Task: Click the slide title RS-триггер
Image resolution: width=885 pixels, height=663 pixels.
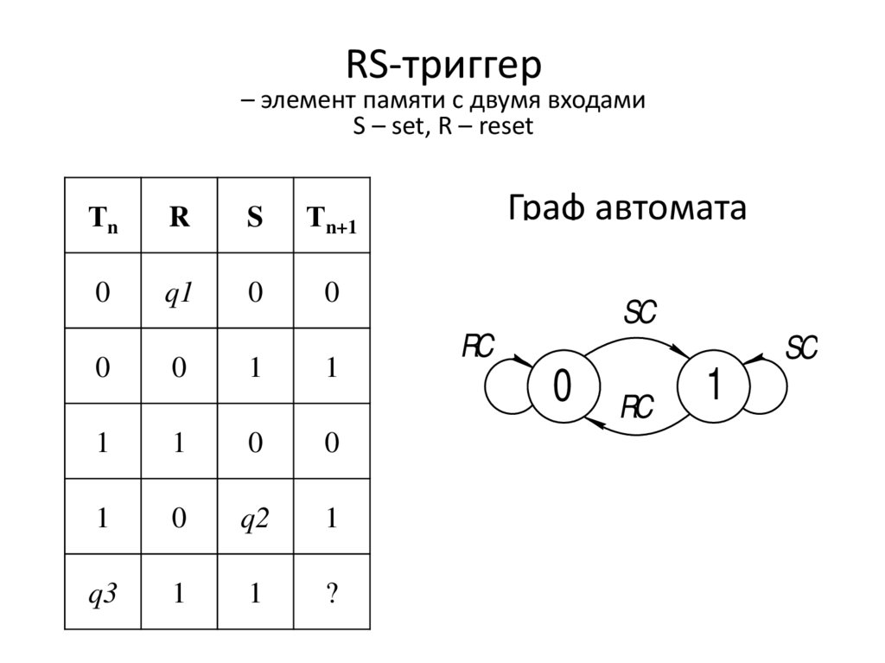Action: [442, 66]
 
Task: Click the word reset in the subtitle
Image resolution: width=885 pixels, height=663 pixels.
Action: [503, 128]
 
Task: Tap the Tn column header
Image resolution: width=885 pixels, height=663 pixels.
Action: [103, 218]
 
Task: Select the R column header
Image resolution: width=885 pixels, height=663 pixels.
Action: [179, 217]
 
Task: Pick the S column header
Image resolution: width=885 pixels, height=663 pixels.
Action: [254, 217]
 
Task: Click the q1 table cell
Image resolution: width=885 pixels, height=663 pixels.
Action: [179, 293]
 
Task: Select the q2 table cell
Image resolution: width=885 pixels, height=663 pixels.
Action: [254, 520]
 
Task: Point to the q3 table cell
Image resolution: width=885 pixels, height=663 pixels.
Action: [103, 595]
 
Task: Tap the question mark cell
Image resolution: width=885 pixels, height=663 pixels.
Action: [332, 595]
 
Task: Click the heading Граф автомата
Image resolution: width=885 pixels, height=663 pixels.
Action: [627, 207]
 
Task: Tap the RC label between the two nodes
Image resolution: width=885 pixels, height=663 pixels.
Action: [638, 406]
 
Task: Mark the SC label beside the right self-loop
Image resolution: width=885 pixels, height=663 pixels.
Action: [800, 348]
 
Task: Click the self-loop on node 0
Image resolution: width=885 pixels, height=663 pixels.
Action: [499, 386]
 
